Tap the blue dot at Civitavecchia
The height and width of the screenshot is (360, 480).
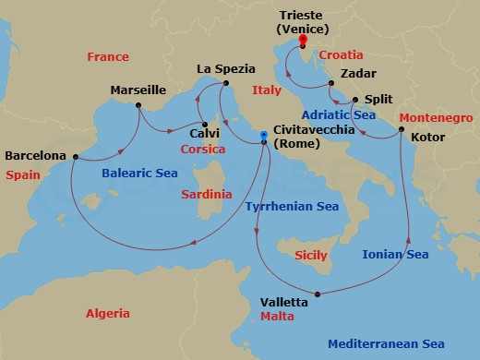[264, 136]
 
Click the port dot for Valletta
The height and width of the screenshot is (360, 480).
[318, 295]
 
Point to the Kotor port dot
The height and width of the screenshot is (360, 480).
[401, 130]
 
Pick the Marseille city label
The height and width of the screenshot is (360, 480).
[138, 90]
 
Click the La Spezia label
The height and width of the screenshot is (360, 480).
[224, 68]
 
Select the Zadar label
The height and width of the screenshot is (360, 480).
[357, 74]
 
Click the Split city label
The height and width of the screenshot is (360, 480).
[378, 99]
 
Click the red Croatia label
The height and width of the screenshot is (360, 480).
[342, 55]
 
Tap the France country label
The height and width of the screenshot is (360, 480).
[107, 57]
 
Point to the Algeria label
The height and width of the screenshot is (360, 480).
[107, 314]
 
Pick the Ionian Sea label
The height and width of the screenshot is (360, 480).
[395, 254]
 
